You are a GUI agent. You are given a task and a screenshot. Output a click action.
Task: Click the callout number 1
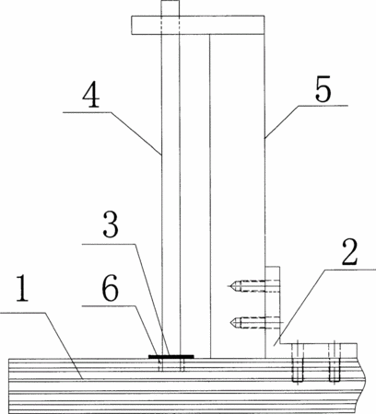[22, 289]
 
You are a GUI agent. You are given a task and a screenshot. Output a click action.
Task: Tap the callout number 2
[349, 251]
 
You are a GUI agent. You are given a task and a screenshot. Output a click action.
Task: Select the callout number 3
[111, 225]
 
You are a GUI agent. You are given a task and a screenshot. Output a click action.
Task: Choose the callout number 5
[323, 88]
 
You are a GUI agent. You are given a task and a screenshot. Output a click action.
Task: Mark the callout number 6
[110, 288]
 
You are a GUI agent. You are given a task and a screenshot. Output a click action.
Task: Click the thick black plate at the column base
[171, 356]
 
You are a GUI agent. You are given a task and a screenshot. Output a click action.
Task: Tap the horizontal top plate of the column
[198, 25]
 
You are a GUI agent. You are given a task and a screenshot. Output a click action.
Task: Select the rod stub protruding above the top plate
[170, 8]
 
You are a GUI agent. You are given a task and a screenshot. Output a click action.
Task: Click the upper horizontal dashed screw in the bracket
[253, 286]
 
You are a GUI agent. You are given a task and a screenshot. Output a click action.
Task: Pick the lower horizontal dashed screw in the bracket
[255, 322]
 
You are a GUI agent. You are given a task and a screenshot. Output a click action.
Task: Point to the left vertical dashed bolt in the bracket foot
[298, 362]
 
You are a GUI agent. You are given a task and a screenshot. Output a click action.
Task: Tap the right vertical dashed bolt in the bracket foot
[334, 362]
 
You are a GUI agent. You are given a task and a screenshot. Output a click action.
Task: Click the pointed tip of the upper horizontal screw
[229, 286]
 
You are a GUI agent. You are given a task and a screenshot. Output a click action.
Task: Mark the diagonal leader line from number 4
[136, 133]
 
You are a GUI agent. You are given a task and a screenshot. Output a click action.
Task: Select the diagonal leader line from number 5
[281, 121]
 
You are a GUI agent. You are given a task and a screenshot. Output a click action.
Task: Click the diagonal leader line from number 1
[64, 346]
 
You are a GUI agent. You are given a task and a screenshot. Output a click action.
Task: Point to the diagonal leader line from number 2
[300, 307]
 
